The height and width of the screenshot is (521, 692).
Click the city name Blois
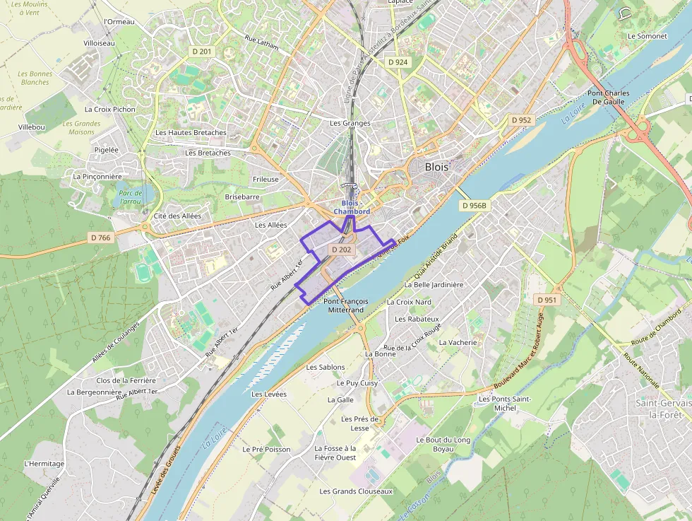click(x=436, y=168)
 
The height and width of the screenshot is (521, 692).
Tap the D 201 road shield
click(x=202, y=52)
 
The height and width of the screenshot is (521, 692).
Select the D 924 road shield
click(x=398, y=62)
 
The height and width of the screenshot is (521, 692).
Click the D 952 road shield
click(x=520, y=120)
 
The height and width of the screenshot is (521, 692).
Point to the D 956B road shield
click(x=474, y=206)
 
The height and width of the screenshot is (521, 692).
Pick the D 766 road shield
click(x=101, y=238)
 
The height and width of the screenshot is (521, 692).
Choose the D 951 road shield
click(x=547, y=300)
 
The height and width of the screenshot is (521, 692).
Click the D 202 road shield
click(x=341, y=250)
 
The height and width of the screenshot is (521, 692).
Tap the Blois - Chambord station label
click(x=352, y=207)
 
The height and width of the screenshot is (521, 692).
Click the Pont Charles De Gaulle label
click(x=608, y=98)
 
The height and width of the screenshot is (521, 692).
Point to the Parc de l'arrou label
click(x=130, y=197)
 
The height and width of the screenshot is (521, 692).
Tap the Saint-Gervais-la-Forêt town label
click(x=662, y=409)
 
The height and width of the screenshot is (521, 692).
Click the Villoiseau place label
click(x=99, y=43)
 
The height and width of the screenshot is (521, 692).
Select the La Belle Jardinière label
click(x=434, y=285)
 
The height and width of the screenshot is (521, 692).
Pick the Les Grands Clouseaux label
click(x=355, y=491)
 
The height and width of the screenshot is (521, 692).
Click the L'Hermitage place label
click(x=44, y=464)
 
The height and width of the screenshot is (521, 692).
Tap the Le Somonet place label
click(x=647, y=35)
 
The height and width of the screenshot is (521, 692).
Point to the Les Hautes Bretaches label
click(x=191, y=133)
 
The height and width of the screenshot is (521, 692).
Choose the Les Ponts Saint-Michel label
click(x=504, y=404)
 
